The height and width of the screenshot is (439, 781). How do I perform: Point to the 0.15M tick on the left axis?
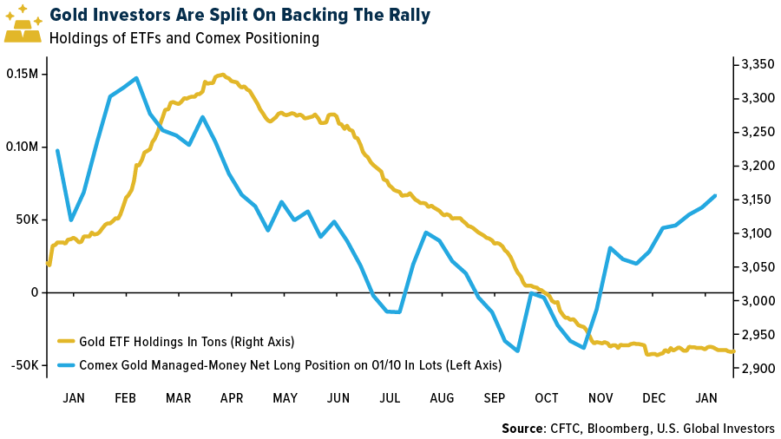click(22, 74)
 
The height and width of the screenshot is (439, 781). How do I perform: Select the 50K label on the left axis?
click(25, 219)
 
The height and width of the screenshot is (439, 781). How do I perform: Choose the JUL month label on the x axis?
click(390, 397)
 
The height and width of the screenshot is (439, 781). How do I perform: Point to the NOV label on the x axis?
click(601, 397)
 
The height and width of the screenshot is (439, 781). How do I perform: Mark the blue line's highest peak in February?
click(137, 78)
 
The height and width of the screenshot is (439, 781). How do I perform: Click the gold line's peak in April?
click(223, 75)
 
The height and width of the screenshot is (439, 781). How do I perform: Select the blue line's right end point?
click(715, 195)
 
